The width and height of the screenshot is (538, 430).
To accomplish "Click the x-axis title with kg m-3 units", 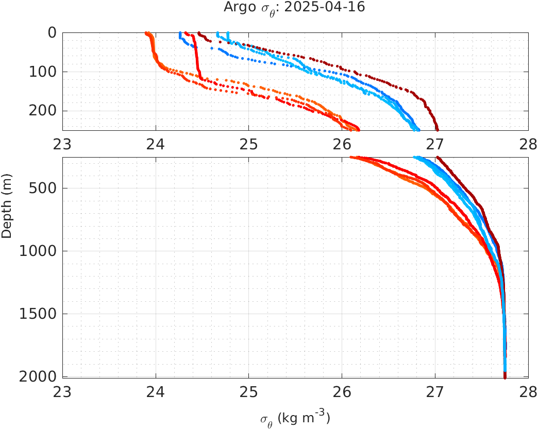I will (x=295, y=418).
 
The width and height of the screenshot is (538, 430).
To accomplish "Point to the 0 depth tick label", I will (x=52, y=33).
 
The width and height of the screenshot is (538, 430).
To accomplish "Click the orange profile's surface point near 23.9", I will (x=147, y=33).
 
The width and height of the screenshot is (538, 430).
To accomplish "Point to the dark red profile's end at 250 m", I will (x=437, y=129).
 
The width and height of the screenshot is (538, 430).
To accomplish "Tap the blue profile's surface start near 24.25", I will (x=180, y=33).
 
